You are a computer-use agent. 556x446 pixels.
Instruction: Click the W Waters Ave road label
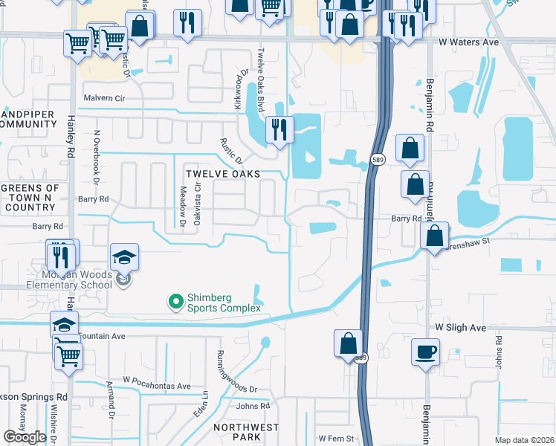(x=468, y=43)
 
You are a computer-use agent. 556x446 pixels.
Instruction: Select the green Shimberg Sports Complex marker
(x=175, y=301)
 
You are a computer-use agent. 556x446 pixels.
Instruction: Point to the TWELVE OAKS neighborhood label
(x=223, y=173)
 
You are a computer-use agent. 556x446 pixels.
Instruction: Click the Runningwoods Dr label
(x=237, y=372)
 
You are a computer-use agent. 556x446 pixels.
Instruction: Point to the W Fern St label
(x=336, y=438)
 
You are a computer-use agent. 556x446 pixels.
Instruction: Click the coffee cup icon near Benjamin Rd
(x=426, y=352)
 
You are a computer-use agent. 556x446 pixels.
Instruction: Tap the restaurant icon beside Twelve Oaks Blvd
(x=279, y=129)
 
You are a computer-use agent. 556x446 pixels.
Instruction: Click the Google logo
(x=24, y=437)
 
